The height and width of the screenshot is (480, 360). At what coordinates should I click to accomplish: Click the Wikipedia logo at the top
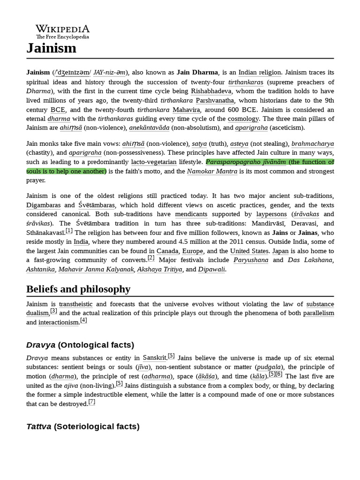click(x=63, y=31)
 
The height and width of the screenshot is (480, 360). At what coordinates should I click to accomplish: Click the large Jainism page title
click(x=51, y=48)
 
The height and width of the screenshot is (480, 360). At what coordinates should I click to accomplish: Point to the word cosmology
click(x=243, y=119)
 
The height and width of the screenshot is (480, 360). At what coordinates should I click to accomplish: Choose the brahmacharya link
click(x=313, y=143)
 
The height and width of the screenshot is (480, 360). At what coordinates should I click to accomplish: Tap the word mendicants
click(x=191, y=214)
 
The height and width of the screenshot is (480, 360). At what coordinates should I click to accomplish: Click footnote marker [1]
click(x=69, y=231)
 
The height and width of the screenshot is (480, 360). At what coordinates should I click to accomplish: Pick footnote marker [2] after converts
click(x=151, y=258)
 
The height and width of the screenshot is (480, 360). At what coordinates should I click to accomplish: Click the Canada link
click(x=167, y=251)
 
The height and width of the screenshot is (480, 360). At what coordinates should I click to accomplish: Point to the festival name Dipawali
click(x=211, y=270)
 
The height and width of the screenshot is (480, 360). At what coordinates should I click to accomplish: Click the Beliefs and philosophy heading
click(x=78, y=289)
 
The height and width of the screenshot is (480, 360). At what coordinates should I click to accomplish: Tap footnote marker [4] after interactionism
click(x=83, y=320)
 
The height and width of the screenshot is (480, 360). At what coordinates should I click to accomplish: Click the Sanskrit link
click(x=155, y=358)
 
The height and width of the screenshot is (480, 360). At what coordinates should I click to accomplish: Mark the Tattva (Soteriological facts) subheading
click(x=82, y=426)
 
